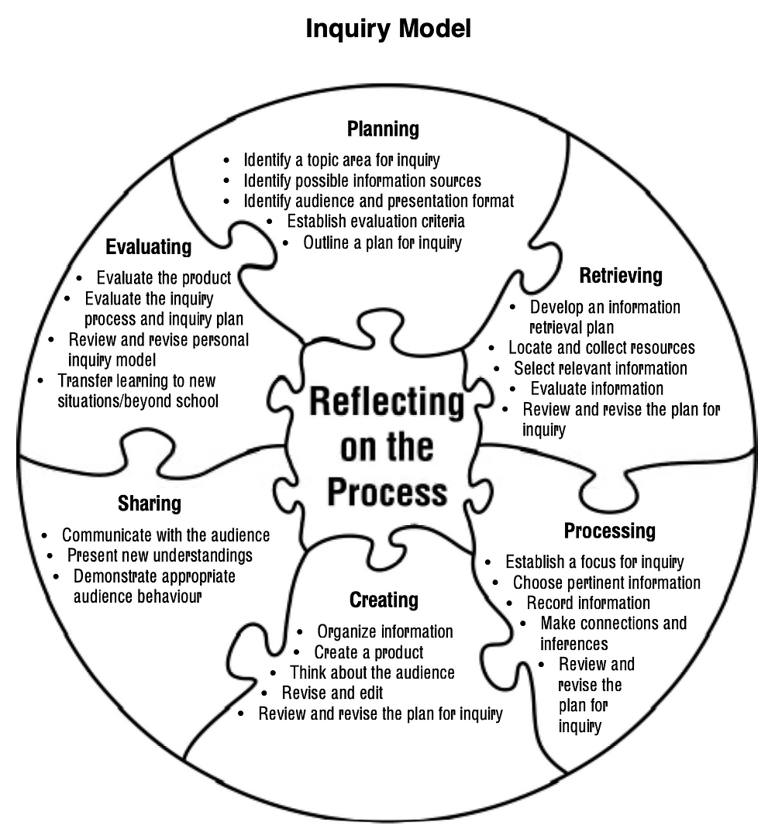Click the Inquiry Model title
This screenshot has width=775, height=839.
pos(388,29)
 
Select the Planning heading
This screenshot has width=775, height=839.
pos(383,129)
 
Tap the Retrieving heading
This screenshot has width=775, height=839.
pos(621,276)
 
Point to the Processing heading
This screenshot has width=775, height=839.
pos(610,531)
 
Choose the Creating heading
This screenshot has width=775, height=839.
pos(384,600)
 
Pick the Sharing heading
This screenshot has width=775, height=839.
pos(150,504)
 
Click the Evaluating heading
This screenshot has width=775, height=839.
pos(148,246)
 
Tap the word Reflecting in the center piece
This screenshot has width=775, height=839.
pos(387,402)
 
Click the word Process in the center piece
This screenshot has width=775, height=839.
pos(387,492)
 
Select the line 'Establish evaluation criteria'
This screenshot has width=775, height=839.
pos(376,221)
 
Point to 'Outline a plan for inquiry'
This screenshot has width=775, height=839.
pos(382,242)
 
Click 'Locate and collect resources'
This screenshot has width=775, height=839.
pos(601,348)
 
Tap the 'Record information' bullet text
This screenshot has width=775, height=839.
pos(588,603)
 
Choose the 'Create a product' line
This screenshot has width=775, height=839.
pos(369,652)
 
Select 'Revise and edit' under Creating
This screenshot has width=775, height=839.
pos(332,693)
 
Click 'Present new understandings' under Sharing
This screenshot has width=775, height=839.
pos(160,555)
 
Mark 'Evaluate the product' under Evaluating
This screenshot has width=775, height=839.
pos(164,277)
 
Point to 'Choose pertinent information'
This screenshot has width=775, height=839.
pos(606,582)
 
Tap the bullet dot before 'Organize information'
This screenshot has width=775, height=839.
pos(300,632)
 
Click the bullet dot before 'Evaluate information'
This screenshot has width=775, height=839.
pos(513,390)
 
